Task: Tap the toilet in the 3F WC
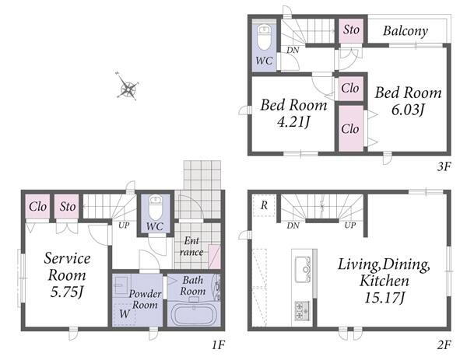(x=264, y=37)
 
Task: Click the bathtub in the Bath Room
(x=194, y=315)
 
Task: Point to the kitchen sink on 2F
(x=303, y=270)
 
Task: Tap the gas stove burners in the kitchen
(x=302, y=310)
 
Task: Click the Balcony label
(x=406, y=30)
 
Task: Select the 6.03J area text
(x=407, y=110)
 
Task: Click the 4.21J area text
(x=293, y=121)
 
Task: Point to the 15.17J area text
(x=384, y=297)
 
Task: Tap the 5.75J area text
(x=66, y=292)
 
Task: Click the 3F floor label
(x=444, y=166)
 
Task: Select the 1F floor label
(x=218, y=345)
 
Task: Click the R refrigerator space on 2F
(x=264, y=205)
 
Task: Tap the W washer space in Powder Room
(x=125, y=314)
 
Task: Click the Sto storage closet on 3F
(x=351, y=30)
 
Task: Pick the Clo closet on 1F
(x=37, y=207)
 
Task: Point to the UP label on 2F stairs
(x=350, y=225)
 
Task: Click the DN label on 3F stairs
(x=293, y=50)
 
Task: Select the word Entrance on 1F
(x=191, y=246)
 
